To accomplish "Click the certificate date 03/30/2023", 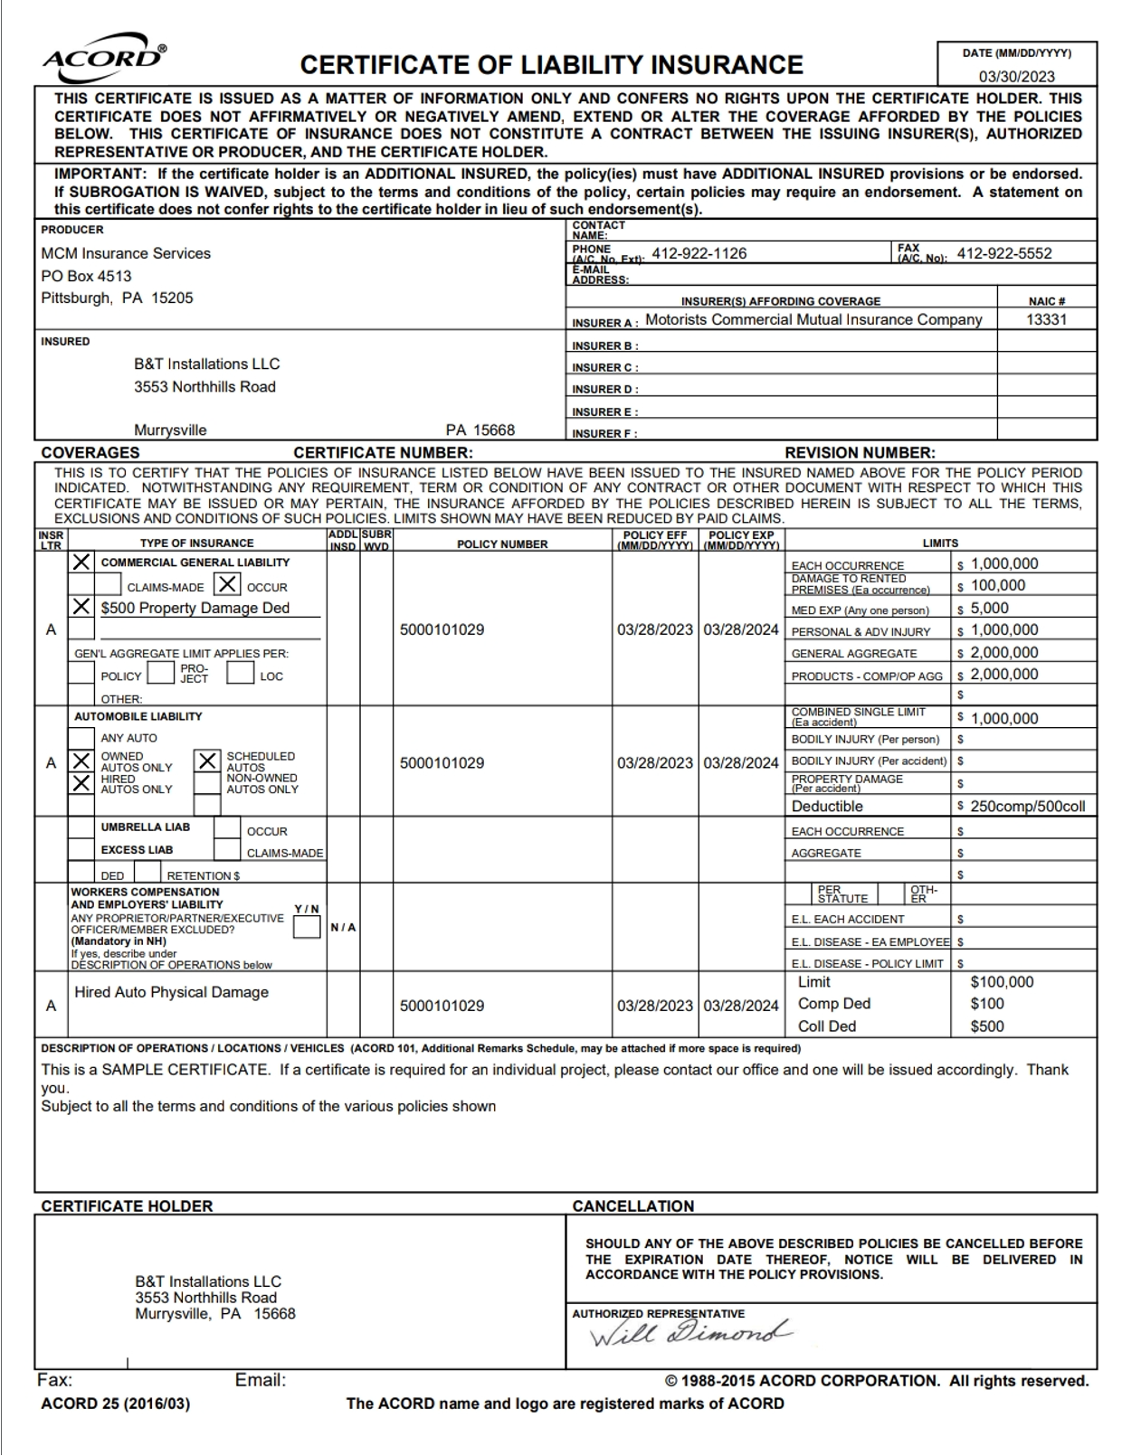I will (x=1016, y=77).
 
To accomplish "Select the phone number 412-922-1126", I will (x=699, y=253).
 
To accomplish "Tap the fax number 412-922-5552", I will (x=1004, y=253).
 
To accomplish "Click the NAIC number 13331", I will (x=1046, y=319).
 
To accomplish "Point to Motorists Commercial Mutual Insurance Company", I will (x=813, y=319).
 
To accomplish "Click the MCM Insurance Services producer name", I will (x=126, y=253).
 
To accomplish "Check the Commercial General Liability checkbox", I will (x=81, y=562).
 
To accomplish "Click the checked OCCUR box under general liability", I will (x=228, y=584).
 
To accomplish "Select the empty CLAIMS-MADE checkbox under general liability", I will (x=108, y=585).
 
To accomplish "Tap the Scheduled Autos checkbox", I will (x=207, y=761).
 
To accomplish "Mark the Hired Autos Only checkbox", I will (x=81, y=783).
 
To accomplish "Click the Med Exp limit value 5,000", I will (x=989, y=609).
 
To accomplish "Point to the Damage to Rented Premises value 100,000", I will (x=997, y=585).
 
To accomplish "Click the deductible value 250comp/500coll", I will (x=1027, y=806).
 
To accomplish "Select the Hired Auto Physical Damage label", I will (x=171, y=992).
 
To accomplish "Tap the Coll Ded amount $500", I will (x=987, y=1026).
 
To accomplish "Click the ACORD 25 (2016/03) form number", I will (x=116, y=1404).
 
